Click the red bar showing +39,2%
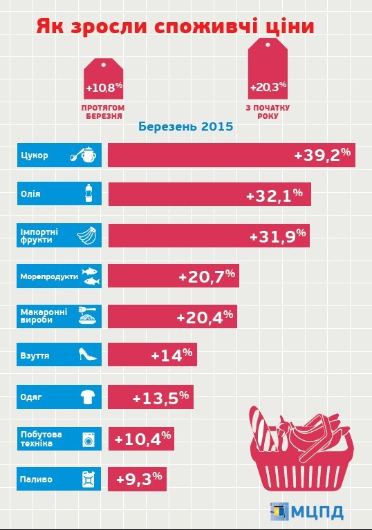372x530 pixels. pos(232,155)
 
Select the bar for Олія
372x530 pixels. pos(210,194)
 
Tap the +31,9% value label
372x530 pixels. pos(278,235)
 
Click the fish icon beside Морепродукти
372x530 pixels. pos(91,276)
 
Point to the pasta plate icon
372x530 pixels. pos(88,316)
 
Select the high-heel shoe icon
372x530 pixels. pos(88,354)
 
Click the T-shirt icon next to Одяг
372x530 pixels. pos(88,397)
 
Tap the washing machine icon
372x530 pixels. pos(89,439)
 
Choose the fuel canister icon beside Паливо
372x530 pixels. pos(89,479)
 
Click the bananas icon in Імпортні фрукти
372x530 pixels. pos(87,235)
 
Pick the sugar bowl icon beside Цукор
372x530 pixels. pos(84,155)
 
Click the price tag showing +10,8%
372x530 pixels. pos(104,79)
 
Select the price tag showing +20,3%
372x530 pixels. pos(268,68)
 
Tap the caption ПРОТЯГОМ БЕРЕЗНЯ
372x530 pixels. pos(103,112)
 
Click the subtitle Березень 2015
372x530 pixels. pos(186,126)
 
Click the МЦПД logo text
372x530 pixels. pos(317,512)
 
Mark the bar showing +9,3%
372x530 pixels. pos(138,479)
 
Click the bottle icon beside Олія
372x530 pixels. pos(89,193)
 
